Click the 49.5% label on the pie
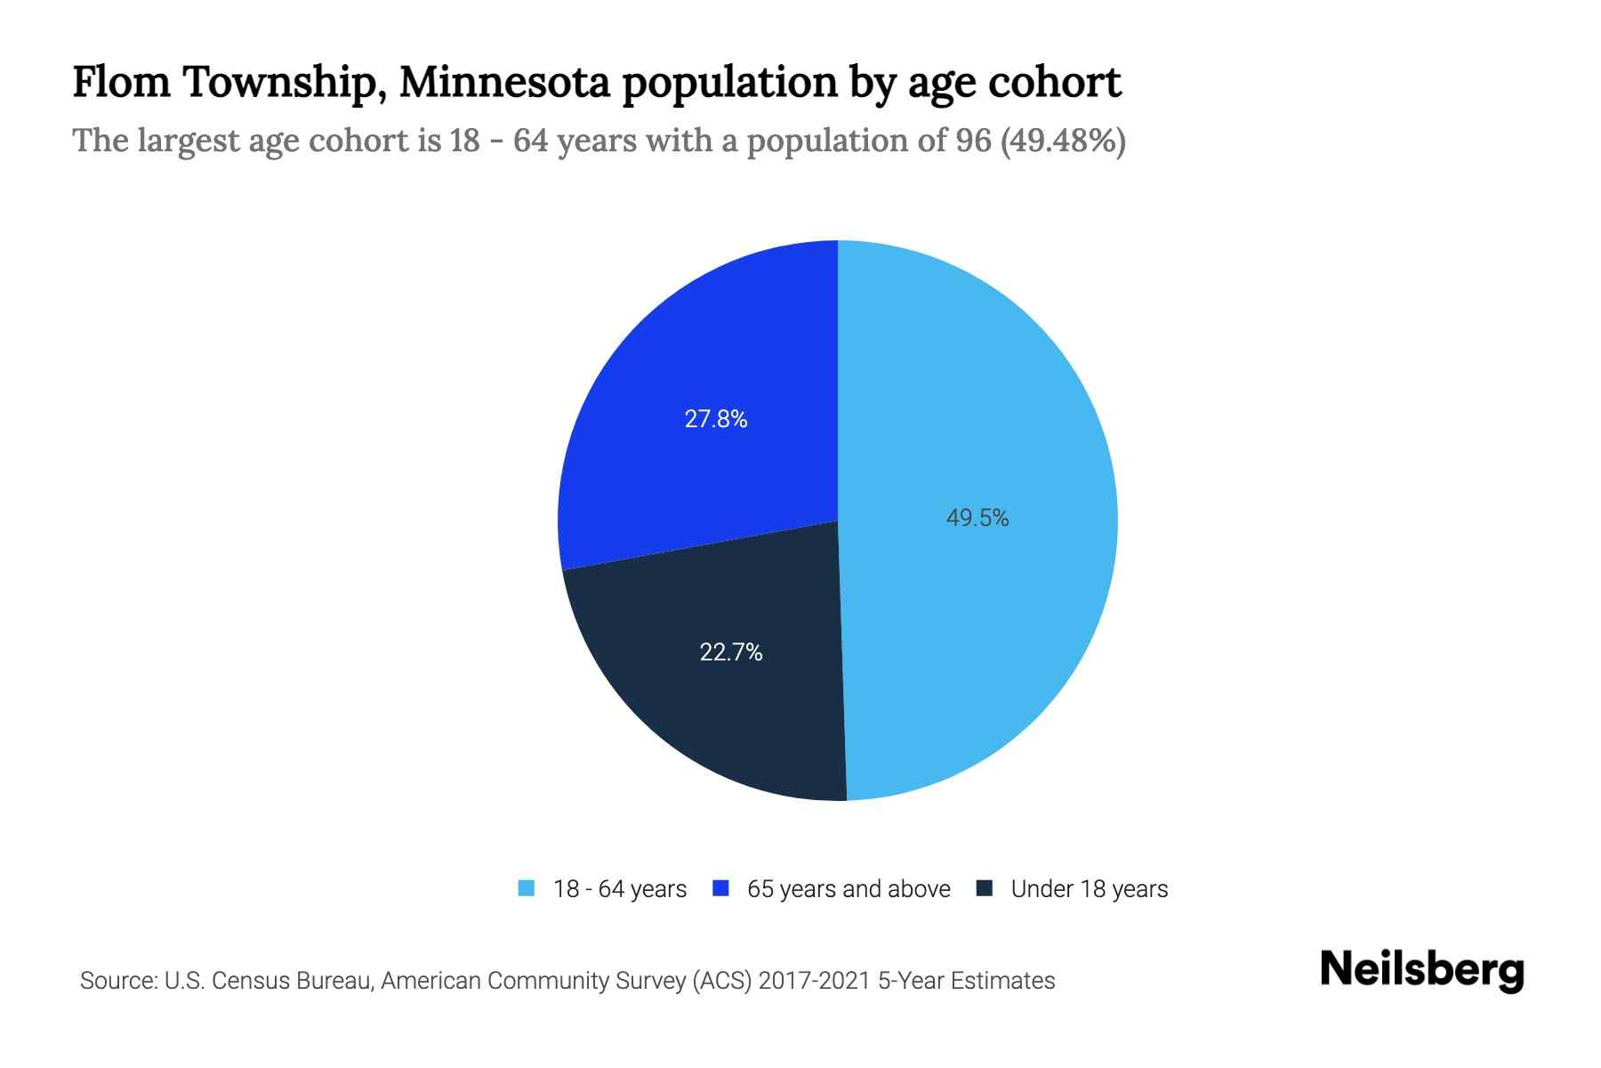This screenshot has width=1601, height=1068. point(977,518)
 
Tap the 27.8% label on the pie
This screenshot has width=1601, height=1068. point(715,419)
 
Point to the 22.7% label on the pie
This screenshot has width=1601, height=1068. point(730,652)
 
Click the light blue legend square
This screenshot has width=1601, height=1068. point(527,888)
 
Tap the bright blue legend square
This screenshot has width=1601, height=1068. point(720,888)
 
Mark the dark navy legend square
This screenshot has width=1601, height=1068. point(985,888)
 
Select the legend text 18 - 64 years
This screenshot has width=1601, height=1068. point(620,889)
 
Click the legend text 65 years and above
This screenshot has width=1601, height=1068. point(849,889)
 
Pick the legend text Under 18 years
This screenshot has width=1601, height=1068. point(1090,889)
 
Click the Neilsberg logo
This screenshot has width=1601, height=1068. point(1421,970)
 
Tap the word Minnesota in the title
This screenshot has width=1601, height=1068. point(504,83)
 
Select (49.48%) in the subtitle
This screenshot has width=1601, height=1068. point(1064,141)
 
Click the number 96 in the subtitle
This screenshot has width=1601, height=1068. point(973,141)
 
